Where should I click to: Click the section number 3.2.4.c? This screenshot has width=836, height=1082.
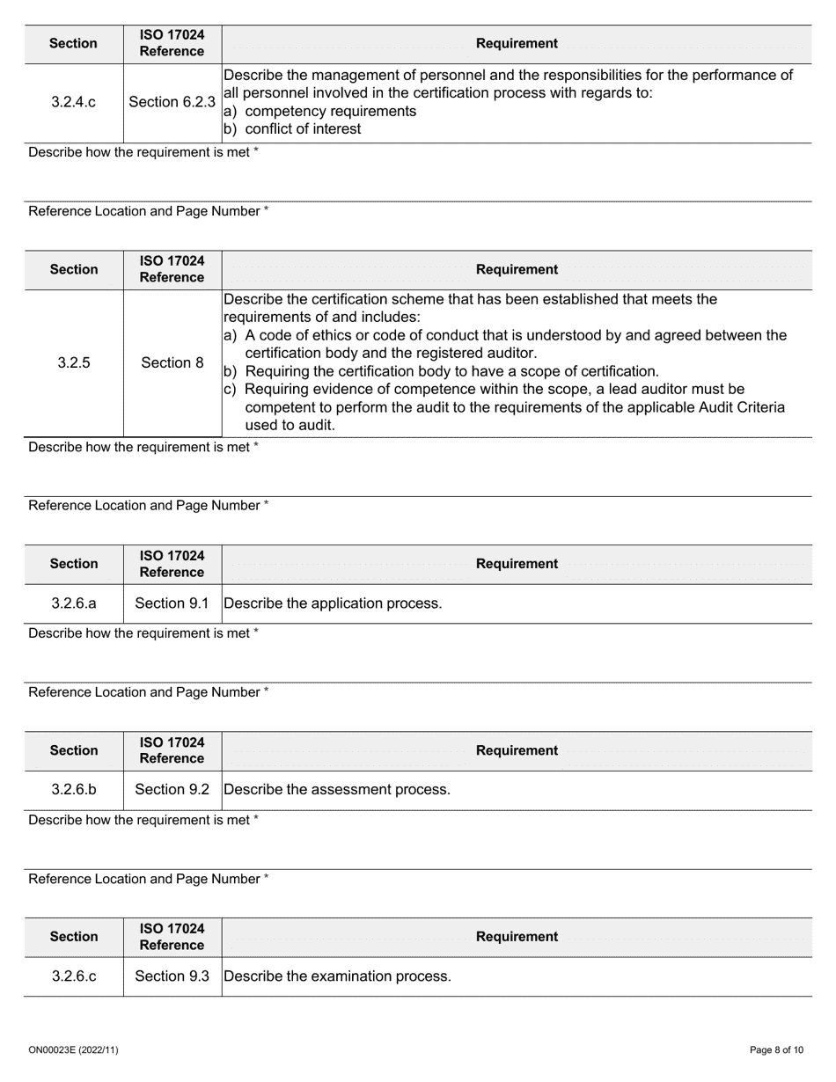[x=74, y=102]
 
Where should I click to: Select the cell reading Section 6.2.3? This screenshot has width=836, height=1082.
[x=172, y=102]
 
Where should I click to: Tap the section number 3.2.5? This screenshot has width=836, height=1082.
[x=74, y=362]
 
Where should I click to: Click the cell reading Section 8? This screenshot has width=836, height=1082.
[x=172, y=362]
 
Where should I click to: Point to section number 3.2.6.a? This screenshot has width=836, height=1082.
[x=74, y=603]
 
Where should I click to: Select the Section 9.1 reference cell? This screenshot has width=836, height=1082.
[x=172, y=603]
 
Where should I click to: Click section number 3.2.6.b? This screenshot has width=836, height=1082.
[x=74, y=790]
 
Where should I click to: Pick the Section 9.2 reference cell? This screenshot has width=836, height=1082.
[x=172, y=790]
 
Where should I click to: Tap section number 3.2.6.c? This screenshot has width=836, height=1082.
[x=74, y=976]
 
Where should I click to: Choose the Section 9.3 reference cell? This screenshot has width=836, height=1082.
[x=172, y=976]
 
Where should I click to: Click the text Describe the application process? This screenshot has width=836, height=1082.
[x=333, y=603]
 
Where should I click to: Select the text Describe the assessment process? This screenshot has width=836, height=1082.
[x=337, y=790]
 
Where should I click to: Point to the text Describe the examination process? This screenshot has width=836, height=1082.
[x=337, y=976]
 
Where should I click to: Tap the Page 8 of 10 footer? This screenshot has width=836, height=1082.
[x=776, y=1050]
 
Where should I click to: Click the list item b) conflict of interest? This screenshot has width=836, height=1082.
[x=292, y=129]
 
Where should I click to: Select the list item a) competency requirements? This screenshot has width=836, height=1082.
[x=319, y=112]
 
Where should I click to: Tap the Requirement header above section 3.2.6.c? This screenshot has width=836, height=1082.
[x=517, y=937]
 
